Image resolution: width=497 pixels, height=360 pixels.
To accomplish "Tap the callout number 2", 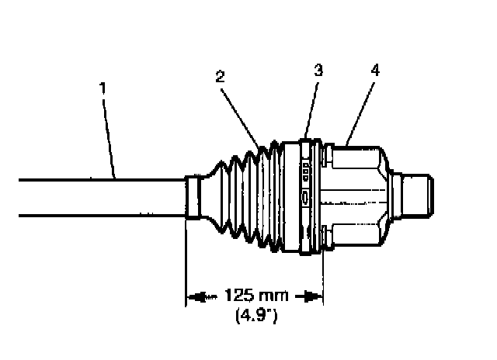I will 221,76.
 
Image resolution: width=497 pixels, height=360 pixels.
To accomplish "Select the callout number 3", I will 318,70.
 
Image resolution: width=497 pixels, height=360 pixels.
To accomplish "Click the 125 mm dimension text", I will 255,296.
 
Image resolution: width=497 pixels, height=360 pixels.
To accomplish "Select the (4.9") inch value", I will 255,315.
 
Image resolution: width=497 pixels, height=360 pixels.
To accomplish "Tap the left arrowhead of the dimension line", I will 196,296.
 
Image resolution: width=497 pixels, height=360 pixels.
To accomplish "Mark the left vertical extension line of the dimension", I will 186,264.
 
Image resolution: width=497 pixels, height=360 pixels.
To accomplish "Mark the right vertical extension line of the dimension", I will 322,272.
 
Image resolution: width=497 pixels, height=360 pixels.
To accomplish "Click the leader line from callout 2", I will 242,112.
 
